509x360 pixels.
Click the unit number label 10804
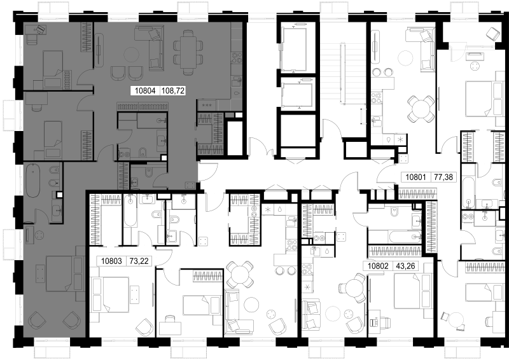point(146,91)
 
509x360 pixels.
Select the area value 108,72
point(173,91)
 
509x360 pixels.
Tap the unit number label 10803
point(111,261)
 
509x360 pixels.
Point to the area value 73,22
point(139,261)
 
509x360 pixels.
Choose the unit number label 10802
point(378,267)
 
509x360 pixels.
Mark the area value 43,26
point(405,267)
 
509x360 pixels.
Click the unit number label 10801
point(416,177)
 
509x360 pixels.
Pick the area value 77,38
point(443,177)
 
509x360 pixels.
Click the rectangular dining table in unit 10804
point(188,52)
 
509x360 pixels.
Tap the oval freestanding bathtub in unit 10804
point(33,181)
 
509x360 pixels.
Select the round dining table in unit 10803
point(240,274)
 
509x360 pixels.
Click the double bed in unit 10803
point(110,294)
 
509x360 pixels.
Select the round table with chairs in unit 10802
point(352,288)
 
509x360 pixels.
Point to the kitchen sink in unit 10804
point(237,81)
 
